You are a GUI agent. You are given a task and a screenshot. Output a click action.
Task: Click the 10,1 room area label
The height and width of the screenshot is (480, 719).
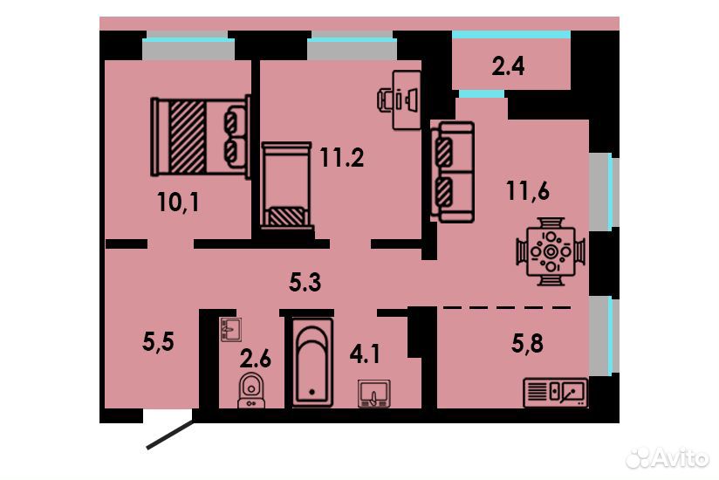pos(178,202)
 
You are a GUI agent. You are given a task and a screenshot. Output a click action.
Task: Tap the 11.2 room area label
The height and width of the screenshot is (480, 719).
pos(342,158)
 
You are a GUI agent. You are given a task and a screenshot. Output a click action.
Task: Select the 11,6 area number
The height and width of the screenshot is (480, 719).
pos(528,190)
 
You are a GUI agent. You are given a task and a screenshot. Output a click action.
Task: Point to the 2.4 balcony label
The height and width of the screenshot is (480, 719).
pos(508,66)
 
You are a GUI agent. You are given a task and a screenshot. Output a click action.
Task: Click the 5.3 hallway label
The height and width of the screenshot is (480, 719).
pos(305,282)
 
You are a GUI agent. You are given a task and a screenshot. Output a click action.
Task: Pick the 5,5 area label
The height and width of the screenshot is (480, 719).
pos(158,341)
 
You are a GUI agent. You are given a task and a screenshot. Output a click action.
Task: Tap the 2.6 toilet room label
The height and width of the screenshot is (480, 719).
pos(256,358)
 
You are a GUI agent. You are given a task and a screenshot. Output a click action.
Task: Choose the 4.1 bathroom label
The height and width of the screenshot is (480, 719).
pos(365,354)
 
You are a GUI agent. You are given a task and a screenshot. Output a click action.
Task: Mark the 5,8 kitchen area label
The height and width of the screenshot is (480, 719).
pos(527,343)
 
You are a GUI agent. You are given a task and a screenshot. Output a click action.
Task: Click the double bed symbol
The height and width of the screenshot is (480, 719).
pos(201,137)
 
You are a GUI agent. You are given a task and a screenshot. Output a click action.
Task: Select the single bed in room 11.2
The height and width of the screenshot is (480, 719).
pos(287,185)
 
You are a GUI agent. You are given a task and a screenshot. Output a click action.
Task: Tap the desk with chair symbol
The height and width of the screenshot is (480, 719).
pos(400,99)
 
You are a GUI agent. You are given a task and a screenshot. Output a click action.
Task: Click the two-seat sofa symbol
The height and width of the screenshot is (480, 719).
pos(452,172)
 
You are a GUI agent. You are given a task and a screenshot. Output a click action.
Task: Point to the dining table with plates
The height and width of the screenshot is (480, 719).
pos(551,251)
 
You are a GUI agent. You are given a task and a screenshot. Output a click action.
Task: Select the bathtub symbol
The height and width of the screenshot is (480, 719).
pos(312,362)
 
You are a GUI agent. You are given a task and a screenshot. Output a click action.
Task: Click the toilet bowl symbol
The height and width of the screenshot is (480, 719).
pos(251,391)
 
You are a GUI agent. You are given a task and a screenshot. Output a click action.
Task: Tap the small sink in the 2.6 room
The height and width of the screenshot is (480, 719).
pos(230,329)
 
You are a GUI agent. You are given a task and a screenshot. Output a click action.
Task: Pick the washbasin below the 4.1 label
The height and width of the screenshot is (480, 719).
pos(374,394)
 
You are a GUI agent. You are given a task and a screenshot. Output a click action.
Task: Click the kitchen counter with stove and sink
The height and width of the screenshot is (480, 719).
pos(555,393)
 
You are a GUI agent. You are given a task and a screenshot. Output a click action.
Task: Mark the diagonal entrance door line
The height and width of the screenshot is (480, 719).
pos(170,435)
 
